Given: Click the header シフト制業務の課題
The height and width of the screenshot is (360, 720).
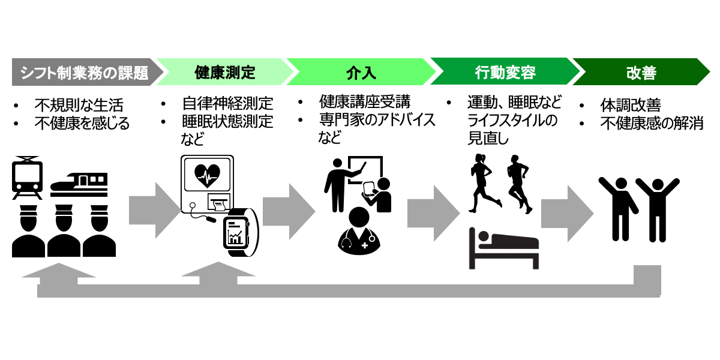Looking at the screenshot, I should click(84, 73).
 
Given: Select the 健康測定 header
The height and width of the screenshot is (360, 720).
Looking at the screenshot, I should click(225, 73).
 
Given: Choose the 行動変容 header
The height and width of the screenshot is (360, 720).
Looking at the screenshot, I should click(505, 73).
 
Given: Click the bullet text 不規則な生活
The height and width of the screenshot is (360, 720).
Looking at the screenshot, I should click(79, 106).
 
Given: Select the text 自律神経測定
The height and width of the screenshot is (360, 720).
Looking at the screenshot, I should click(227, 104).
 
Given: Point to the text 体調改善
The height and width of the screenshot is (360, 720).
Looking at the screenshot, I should click(631, 106).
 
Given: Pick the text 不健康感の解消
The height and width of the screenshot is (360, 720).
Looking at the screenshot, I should click(652, 124).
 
